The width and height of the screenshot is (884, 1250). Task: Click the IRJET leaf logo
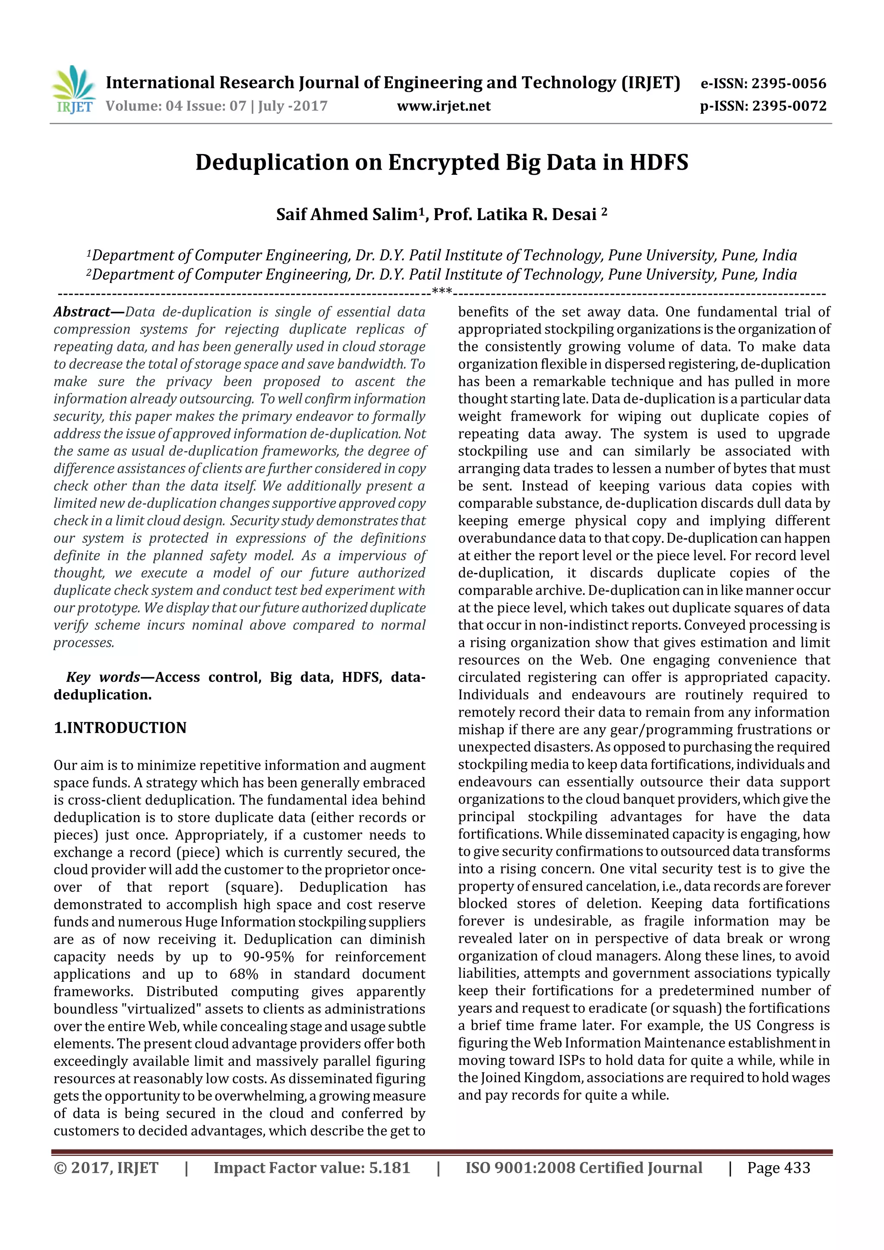73,89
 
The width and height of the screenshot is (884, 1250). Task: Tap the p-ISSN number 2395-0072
789,106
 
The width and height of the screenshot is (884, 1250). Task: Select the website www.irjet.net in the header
443,106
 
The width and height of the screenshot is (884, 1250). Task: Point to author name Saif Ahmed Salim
347,214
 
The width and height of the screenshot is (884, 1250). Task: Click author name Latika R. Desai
537,214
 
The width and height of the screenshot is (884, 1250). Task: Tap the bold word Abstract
82,312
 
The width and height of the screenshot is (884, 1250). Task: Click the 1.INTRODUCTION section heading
120,727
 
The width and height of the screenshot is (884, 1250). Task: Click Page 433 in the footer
778,1167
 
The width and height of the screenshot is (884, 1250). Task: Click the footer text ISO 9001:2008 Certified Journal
583,1167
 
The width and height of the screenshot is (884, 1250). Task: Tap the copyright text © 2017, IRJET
106,1167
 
